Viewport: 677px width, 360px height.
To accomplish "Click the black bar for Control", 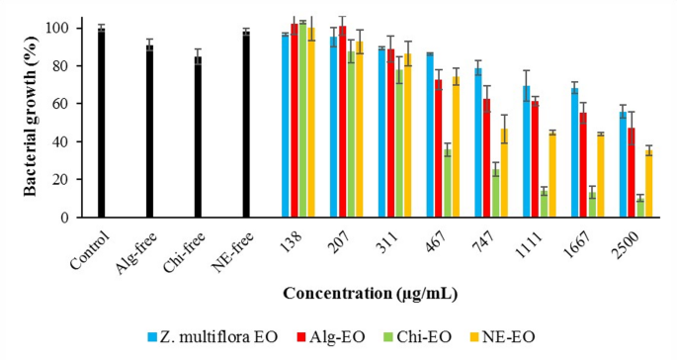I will pyautogui.click(x=101, y=123).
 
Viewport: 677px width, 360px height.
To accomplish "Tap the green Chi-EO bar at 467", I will pyautogui.click(x=447, y=183).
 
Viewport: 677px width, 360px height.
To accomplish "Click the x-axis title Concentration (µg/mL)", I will pyautogui.click(x=369, y=294).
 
